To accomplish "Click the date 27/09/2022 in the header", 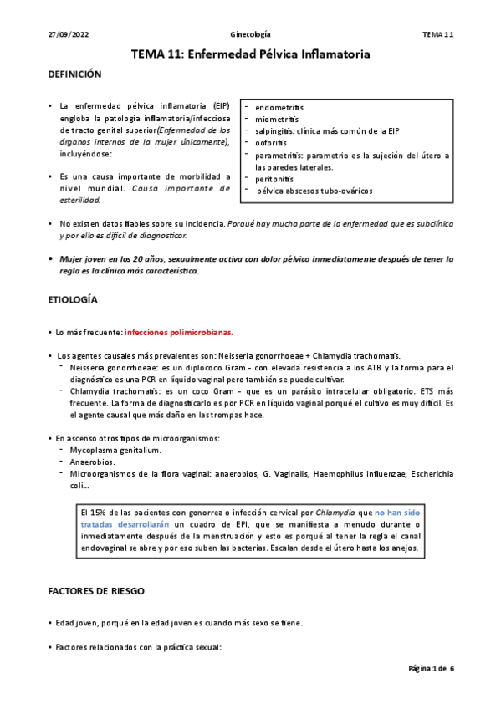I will [x=64, y=34].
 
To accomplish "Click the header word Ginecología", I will [x=250, y=34].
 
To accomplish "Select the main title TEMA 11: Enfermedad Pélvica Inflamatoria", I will [x=250, y=54].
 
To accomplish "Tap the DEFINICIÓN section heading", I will [x=74, y=74].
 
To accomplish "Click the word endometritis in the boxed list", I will [x=279, y=109].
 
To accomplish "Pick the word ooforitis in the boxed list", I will [x=274, y=144].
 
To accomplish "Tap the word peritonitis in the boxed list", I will [x=276, y=179].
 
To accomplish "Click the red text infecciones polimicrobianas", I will [x=178, y=332].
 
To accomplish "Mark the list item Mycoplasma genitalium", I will [x=115, y=450].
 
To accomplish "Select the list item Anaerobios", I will [x=93, y=462].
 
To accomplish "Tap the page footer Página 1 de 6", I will [x=430, y=669].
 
